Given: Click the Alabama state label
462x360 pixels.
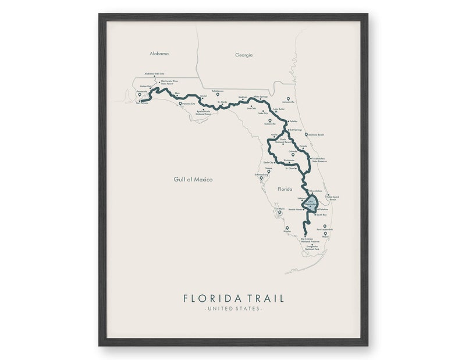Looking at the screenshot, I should [x=159, y=54].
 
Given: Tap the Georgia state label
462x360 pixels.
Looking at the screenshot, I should [x=244, y=55].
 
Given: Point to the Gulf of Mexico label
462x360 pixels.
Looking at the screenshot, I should [x=193, y=180].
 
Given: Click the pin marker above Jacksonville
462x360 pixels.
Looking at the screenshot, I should [x=287, y=98].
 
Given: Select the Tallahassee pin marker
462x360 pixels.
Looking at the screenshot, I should [x=218, y=94].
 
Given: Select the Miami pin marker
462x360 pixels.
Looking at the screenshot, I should [x=325, y=234].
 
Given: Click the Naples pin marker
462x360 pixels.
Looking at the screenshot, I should [x=287, y=228].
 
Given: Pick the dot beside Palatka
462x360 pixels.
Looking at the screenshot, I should [x=288, y=121].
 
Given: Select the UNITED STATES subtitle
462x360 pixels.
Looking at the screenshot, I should [x=233, y=309].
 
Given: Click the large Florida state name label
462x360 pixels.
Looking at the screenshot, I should [x=285, y=189].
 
